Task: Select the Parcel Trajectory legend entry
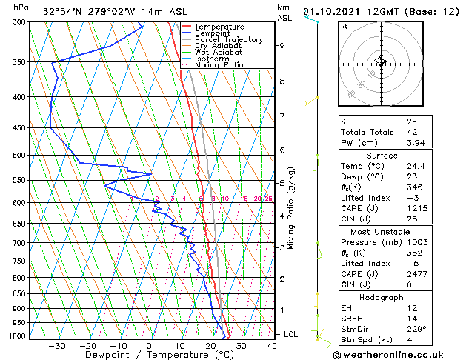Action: pos(228,40)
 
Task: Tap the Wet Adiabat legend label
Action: pos(218,53)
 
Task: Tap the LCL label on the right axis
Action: pos(291,335)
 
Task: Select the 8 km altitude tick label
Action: pos(282,81)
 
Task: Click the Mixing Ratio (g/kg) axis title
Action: pos(292,208)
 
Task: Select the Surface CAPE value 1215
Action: pos(416,209)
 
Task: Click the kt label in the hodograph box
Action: pos(344,26)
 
